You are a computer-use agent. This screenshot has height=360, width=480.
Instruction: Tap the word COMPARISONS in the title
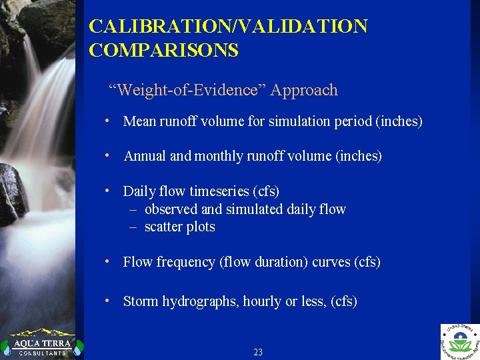pyautogui.click(x=164, y=51)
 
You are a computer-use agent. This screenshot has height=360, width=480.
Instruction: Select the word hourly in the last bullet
pyautogui.click(x=262, y=301)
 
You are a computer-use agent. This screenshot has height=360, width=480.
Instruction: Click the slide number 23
pyautogui.click(x=258, y=352)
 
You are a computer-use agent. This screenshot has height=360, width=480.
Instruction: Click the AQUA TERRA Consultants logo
pyautogui.click(x=38, y=343)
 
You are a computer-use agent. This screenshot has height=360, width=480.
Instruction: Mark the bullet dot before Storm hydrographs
pyautogui.click(x=107, y=301)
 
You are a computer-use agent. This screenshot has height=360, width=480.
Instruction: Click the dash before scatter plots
pyautogui.click(x=133, y=227)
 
